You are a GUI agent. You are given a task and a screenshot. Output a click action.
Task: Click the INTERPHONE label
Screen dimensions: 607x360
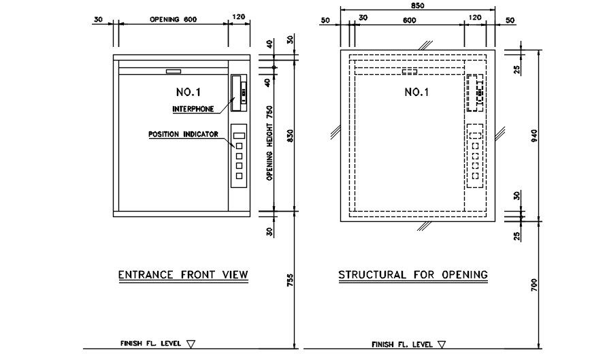193,109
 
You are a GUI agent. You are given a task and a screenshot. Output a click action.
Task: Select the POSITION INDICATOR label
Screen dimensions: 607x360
184,134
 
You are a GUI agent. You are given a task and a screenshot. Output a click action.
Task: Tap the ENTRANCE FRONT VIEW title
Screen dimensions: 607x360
183,275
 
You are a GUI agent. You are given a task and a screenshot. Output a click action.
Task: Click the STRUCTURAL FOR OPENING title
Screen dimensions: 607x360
413,275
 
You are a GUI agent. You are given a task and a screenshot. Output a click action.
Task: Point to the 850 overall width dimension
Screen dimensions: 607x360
417,6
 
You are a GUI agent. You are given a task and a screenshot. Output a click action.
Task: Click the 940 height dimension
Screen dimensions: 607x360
534,135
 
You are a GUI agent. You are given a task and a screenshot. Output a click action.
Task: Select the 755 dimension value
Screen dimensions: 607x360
291,280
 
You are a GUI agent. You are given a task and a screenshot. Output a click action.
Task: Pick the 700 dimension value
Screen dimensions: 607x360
534,285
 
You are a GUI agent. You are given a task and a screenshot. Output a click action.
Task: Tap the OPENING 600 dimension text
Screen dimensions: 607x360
174,19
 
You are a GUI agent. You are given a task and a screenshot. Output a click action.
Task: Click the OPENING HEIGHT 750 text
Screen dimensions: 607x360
270,143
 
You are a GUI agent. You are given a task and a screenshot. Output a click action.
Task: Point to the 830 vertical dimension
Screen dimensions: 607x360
291,135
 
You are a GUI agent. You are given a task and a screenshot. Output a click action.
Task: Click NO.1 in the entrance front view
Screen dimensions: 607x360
188,92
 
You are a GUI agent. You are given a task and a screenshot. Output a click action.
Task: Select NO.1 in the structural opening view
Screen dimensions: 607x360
416,92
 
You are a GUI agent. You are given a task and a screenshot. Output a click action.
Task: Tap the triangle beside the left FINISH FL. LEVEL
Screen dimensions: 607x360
191,344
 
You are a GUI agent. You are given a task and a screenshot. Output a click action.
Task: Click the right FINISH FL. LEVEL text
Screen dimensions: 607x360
402,344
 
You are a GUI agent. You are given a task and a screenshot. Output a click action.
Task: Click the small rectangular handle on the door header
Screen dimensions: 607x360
174,71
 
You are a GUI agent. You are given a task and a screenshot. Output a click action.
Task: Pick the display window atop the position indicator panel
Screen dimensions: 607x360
240,136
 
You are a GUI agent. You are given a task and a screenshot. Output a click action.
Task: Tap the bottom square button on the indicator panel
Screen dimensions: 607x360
240,176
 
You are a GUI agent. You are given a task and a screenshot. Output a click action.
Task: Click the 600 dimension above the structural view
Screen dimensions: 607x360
409,20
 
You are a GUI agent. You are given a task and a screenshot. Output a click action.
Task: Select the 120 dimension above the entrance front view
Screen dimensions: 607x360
239,17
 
